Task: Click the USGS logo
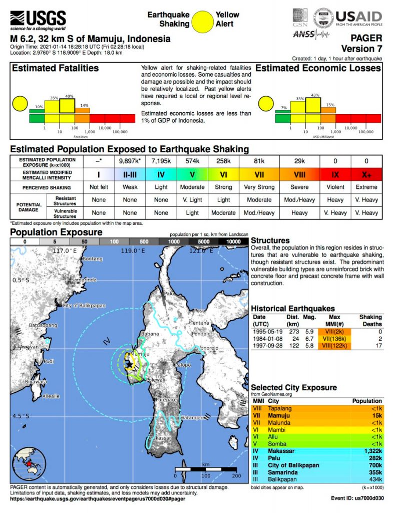(38, 20)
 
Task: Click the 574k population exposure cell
(192, 161)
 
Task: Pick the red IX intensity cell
(335, 174)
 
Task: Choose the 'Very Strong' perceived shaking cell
(259, 187)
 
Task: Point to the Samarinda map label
(84, 279)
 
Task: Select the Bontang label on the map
(92, 259)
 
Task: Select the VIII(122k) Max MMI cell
(335, 345)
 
